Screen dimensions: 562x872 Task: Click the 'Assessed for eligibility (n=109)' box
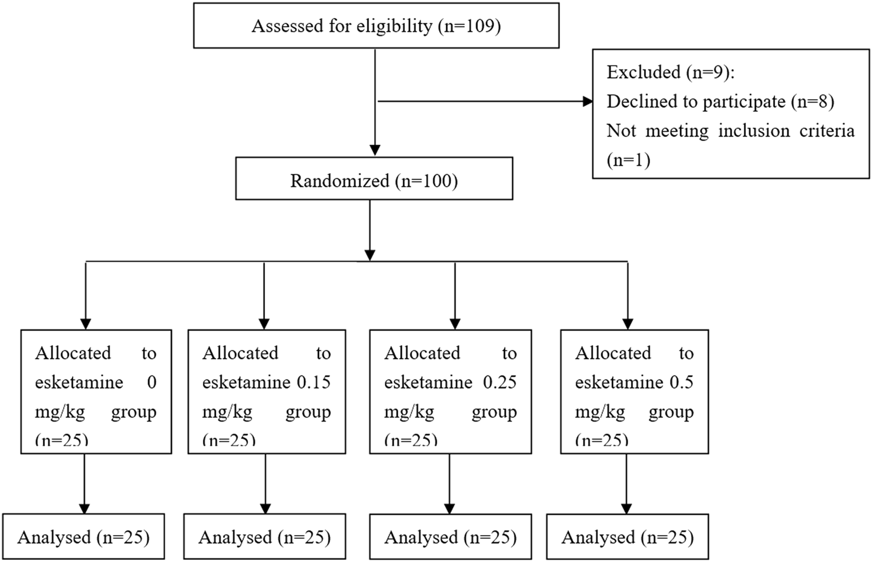pos(376,26)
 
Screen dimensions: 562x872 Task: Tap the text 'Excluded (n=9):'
pos(670,72)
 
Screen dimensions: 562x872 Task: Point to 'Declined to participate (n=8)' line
pos(720,101)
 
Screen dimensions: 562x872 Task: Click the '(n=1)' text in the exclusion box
pos(628,160)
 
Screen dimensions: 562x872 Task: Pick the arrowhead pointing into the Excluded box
pos(587,101)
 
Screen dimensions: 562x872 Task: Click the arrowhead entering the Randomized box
pos(375,150)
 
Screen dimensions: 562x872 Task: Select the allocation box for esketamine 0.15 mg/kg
pos(267,392)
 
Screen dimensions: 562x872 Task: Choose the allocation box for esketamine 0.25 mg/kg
pos(450,392)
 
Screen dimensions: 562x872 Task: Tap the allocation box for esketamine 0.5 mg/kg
pos(634,392)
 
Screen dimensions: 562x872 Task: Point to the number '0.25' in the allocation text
pos(500,382)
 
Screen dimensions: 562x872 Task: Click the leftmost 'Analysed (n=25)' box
pos(83,537)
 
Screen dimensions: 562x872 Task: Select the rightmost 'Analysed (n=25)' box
pos(628,537)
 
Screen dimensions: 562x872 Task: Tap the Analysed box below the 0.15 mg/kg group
pos(265,537)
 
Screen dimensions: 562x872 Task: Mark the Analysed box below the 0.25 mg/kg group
pos(450,537)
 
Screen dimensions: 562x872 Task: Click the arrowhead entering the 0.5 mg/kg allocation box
pos(628,324)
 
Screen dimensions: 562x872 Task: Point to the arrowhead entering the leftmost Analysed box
pos(85,508)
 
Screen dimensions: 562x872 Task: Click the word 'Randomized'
pos(339,181)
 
